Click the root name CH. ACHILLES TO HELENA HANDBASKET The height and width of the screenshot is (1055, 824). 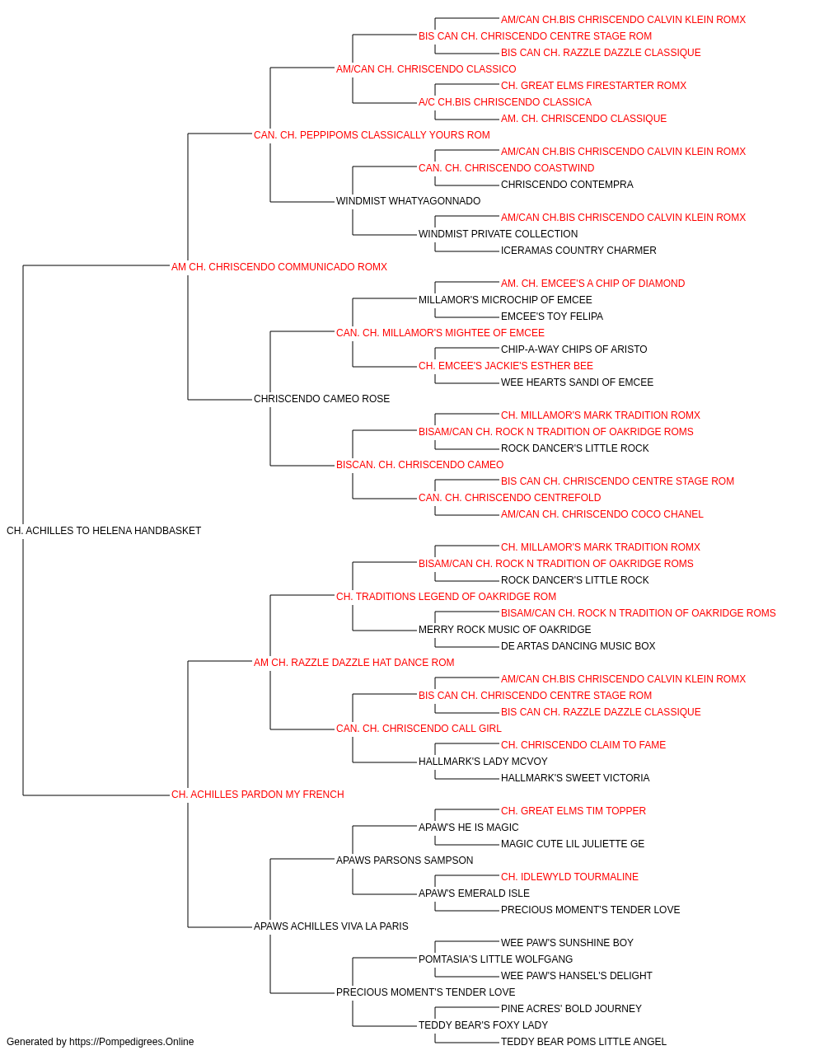(104, 531)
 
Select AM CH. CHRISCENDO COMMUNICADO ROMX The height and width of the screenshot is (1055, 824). (279, 267)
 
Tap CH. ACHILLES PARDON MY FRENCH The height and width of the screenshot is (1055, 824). (258, 795)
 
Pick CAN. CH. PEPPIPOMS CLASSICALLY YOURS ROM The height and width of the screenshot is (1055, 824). (372, 135)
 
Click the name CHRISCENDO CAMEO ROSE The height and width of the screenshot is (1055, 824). (321, 399)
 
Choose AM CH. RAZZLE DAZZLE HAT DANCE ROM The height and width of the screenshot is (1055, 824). (353, 662)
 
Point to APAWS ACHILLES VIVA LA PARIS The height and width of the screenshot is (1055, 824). (331, 926)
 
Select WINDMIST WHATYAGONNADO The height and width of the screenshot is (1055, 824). (408, 201)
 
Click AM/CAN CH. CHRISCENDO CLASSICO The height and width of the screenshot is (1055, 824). (426, 69)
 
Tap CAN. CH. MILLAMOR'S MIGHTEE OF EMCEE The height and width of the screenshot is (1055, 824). (440, 332)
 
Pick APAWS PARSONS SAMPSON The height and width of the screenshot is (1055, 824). (405, 860)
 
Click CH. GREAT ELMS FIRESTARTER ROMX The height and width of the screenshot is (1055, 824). (593, 86)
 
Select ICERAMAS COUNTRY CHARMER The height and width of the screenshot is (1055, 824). (578, 250)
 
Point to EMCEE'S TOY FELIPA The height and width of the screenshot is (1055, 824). (552, 316)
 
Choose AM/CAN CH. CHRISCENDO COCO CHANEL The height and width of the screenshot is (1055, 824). (602, 514)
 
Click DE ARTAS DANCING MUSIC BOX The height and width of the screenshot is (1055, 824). (578, 645)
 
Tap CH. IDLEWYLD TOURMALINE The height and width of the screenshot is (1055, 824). (569, 876)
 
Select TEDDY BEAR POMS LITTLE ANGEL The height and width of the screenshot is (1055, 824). (583, 1042)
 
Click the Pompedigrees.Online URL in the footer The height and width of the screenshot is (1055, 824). (131, 1042)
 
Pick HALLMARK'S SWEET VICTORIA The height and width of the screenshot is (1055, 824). (575, 778)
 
